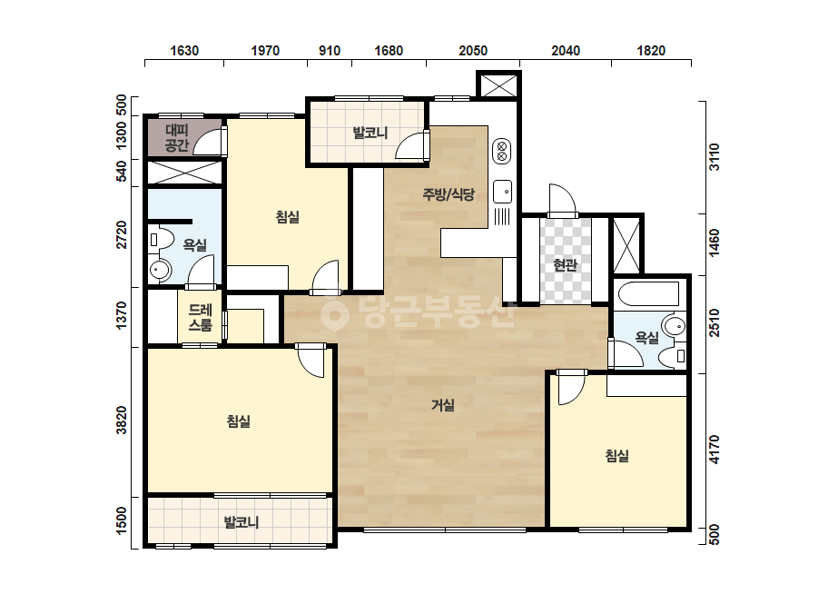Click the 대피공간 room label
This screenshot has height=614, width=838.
point(177,137)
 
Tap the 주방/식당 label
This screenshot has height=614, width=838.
point(449,194)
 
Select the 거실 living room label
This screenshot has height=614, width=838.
point(443,405)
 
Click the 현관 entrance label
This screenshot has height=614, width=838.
point(565,264)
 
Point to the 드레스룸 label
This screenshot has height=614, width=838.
point(201,318)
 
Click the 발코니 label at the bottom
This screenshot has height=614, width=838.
point(242,522)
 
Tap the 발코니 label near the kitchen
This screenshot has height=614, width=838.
point(370,133)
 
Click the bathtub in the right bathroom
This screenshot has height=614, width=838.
point(648,293)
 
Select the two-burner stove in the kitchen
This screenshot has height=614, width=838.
point(502,151)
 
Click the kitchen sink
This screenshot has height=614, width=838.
point(502,192)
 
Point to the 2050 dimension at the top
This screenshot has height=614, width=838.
point(473,51)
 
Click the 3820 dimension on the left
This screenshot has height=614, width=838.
point(122,421)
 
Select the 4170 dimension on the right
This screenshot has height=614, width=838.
point(714,450)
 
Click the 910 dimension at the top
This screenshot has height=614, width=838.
point(330,51)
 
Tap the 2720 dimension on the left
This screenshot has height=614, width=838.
point(122,234)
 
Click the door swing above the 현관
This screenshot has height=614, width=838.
point(562,200)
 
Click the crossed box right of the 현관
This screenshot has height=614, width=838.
point(626,245)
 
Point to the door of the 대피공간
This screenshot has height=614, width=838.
point(210,141)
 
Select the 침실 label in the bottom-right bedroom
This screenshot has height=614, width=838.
point(616,456)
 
